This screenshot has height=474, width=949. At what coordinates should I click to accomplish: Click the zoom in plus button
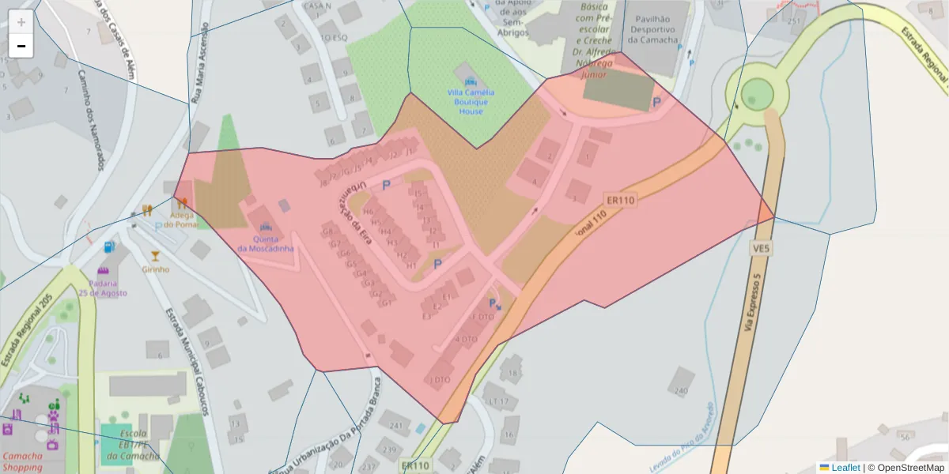coord(21,21)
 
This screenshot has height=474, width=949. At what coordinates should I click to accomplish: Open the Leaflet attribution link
coord(845,467)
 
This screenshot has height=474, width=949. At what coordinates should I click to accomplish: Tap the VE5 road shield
coord(761,249)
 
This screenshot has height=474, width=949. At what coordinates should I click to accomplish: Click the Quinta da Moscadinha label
coord(265,243)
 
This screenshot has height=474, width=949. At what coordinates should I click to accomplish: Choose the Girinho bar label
coord(156,269)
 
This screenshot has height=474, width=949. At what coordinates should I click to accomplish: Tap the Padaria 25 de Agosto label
coord(103,288)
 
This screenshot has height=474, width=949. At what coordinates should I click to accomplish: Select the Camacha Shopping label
coord(23,462)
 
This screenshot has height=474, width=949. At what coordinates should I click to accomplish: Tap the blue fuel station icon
coord(109,246)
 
